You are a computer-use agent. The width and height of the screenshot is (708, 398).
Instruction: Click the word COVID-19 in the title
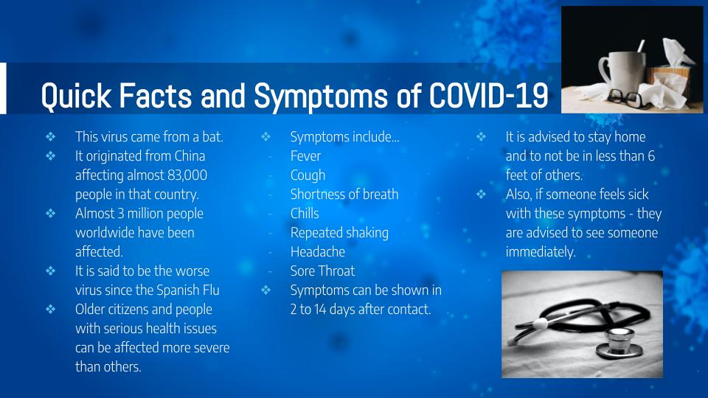pos(488,95)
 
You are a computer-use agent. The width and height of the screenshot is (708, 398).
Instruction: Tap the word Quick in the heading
pos(76,96)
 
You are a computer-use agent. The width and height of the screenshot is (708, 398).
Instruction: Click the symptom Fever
pos(305,156)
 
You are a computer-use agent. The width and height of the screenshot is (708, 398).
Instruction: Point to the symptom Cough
pos(308,175)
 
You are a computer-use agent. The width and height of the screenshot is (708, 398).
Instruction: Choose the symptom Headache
pos(317,252)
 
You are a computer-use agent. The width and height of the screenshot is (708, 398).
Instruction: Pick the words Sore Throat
pos(322,270)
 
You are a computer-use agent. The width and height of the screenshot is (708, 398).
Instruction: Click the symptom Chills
pos(305,214)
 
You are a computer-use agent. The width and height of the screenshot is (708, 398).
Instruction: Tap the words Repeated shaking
pos(339,233)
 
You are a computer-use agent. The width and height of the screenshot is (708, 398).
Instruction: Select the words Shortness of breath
pos(344,195)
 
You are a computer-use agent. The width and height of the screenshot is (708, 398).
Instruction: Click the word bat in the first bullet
pos(212,137)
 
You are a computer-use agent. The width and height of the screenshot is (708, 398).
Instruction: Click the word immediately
pos(541,252)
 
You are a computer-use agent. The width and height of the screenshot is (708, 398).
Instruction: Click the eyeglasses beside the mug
pos(625,98)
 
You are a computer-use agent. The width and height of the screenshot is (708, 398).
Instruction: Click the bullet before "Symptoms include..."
pos(266,137)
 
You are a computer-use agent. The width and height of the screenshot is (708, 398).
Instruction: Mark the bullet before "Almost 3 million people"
pos(51,214)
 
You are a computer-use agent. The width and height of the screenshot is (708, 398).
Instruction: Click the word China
pos(190,156)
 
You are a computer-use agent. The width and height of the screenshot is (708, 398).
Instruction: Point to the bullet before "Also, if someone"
pos(482,195)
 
